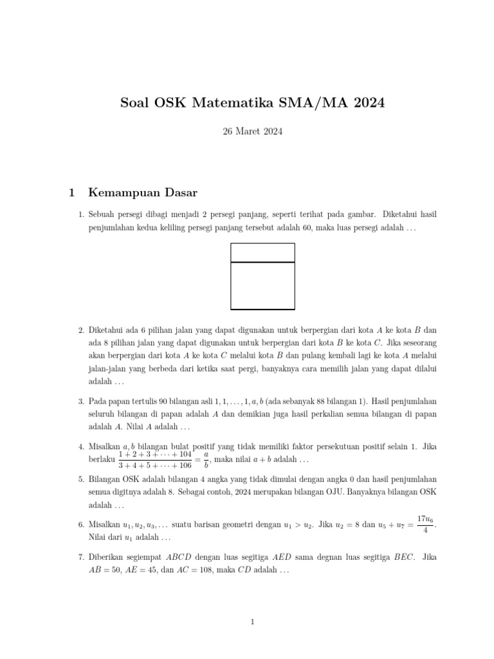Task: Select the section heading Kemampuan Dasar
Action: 142,192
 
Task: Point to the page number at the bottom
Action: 253,622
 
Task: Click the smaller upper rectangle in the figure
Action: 262,253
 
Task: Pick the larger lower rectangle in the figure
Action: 262,285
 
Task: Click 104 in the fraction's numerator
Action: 183,454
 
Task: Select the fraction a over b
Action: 206,459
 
